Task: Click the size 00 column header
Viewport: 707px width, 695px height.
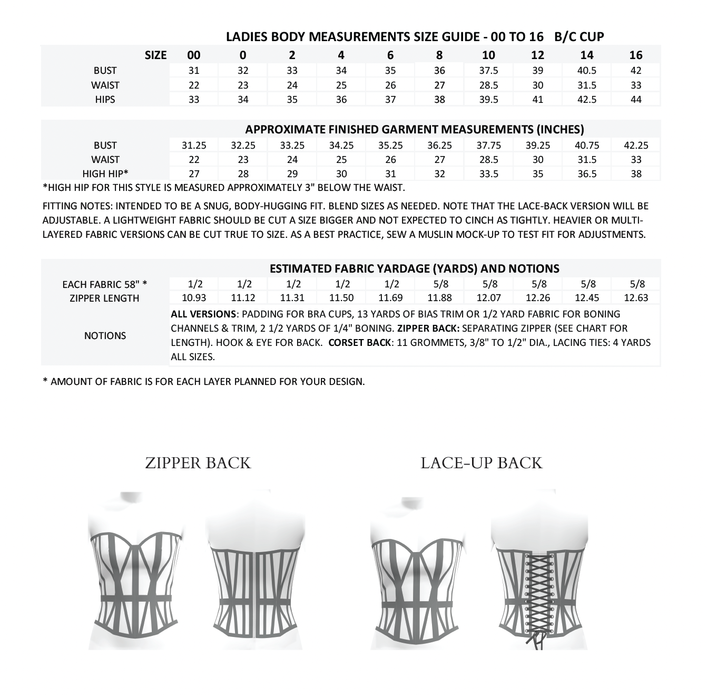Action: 194,55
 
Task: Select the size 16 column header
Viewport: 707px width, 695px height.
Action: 636,55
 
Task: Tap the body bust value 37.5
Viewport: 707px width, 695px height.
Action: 488,71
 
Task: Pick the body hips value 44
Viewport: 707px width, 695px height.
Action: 636,99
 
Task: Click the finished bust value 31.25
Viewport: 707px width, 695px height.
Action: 194,146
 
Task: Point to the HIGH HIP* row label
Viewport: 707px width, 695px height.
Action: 105,173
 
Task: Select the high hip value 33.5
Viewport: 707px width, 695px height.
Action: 488,173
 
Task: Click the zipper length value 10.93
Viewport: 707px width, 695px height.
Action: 194,298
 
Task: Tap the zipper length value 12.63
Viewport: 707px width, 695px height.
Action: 636,298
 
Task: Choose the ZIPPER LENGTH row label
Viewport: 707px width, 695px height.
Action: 104,298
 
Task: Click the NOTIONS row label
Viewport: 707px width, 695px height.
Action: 105,336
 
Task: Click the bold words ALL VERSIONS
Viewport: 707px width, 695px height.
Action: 203,314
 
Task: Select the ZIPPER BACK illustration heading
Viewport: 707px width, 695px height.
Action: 198,463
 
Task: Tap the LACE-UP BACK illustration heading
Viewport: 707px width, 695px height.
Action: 481,463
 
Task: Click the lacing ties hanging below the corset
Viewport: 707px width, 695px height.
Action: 537,639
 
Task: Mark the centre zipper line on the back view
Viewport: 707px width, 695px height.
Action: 256,593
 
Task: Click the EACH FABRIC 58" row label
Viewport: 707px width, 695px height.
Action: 104,285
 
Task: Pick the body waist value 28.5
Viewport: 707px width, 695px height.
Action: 488,85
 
